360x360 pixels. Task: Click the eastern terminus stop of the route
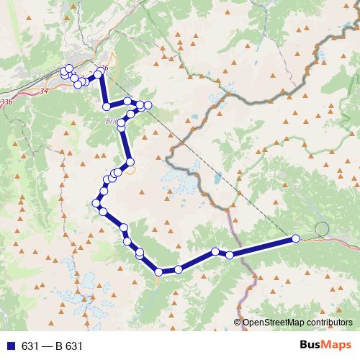click(295, 239)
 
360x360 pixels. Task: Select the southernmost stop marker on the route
click(158, 271)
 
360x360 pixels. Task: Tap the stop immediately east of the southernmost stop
click(179, 269)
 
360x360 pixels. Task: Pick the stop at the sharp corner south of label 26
click(107, 107)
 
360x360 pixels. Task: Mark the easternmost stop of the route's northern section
click(148, 106)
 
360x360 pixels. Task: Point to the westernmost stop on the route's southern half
click(97, 204)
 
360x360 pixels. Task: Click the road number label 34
click(45, 91)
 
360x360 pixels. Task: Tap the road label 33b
click(6, 103)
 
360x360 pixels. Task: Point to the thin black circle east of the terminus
click(321, 229)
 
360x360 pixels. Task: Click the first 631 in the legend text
click(30, 346)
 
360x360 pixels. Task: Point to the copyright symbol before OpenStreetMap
click(238, 323)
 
